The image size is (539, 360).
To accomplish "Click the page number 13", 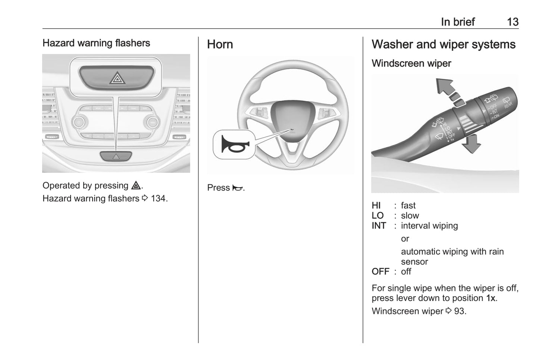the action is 513,22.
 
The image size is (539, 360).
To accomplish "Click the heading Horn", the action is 220,44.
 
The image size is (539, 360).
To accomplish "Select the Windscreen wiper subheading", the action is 411,63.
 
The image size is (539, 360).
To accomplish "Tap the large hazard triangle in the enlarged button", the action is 117,78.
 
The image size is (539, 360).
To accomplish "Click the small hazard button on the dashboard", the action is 116,156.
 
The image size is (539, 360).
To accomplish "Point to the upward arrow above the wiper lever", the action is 449,93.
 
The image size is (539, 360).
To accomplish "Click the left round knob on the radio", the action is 79,122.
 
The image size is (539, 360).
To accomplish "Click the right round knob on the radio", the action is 152,122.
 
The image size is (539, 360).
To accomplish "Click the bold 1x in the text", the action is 491,298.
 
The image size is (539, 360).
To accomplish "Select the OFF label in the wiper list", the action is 380,272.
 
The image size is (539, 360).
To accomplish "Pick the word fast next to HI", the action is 408,206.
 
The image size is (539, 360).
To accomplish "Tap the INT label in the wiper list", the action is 379,226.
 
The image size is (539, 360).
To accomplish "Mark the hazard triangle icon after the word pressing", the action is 136,185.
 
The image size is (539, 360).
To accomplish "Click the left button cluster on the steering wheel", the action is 258,112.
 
